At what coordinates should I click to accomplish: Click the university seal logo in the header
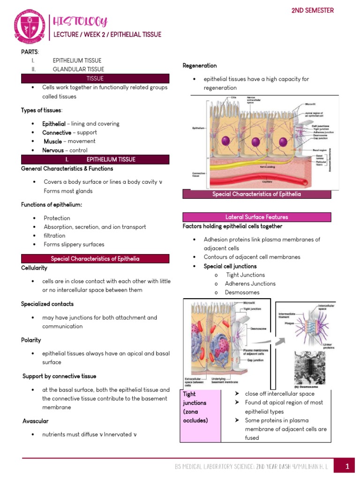pos(30,27)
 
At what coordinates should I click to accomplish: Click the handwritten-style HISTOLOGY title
pos(81,21)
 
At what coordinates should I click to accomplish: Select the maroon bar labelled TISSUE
pos(95,78)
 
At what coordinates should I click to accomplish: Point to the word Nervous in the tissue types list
pos(53,150)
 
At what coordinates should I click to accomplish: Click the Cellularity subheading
pos(34,268)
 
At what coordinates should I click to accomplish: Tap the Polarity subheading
pos(31,340)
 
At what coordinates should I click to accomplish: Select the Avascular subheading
pos(35,421)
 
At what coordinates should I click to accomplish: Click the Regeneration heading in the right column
pos(199,66)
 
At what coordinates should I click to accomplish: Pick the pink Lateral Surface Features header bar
pos(256,217)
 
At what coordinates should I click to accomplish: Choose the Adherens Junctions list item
pos(250,284)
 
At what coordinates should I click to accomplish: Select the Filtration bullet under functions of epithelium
pos(54,235)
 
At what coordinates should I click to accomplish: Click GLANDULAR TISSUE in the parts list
pos(78,69)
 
